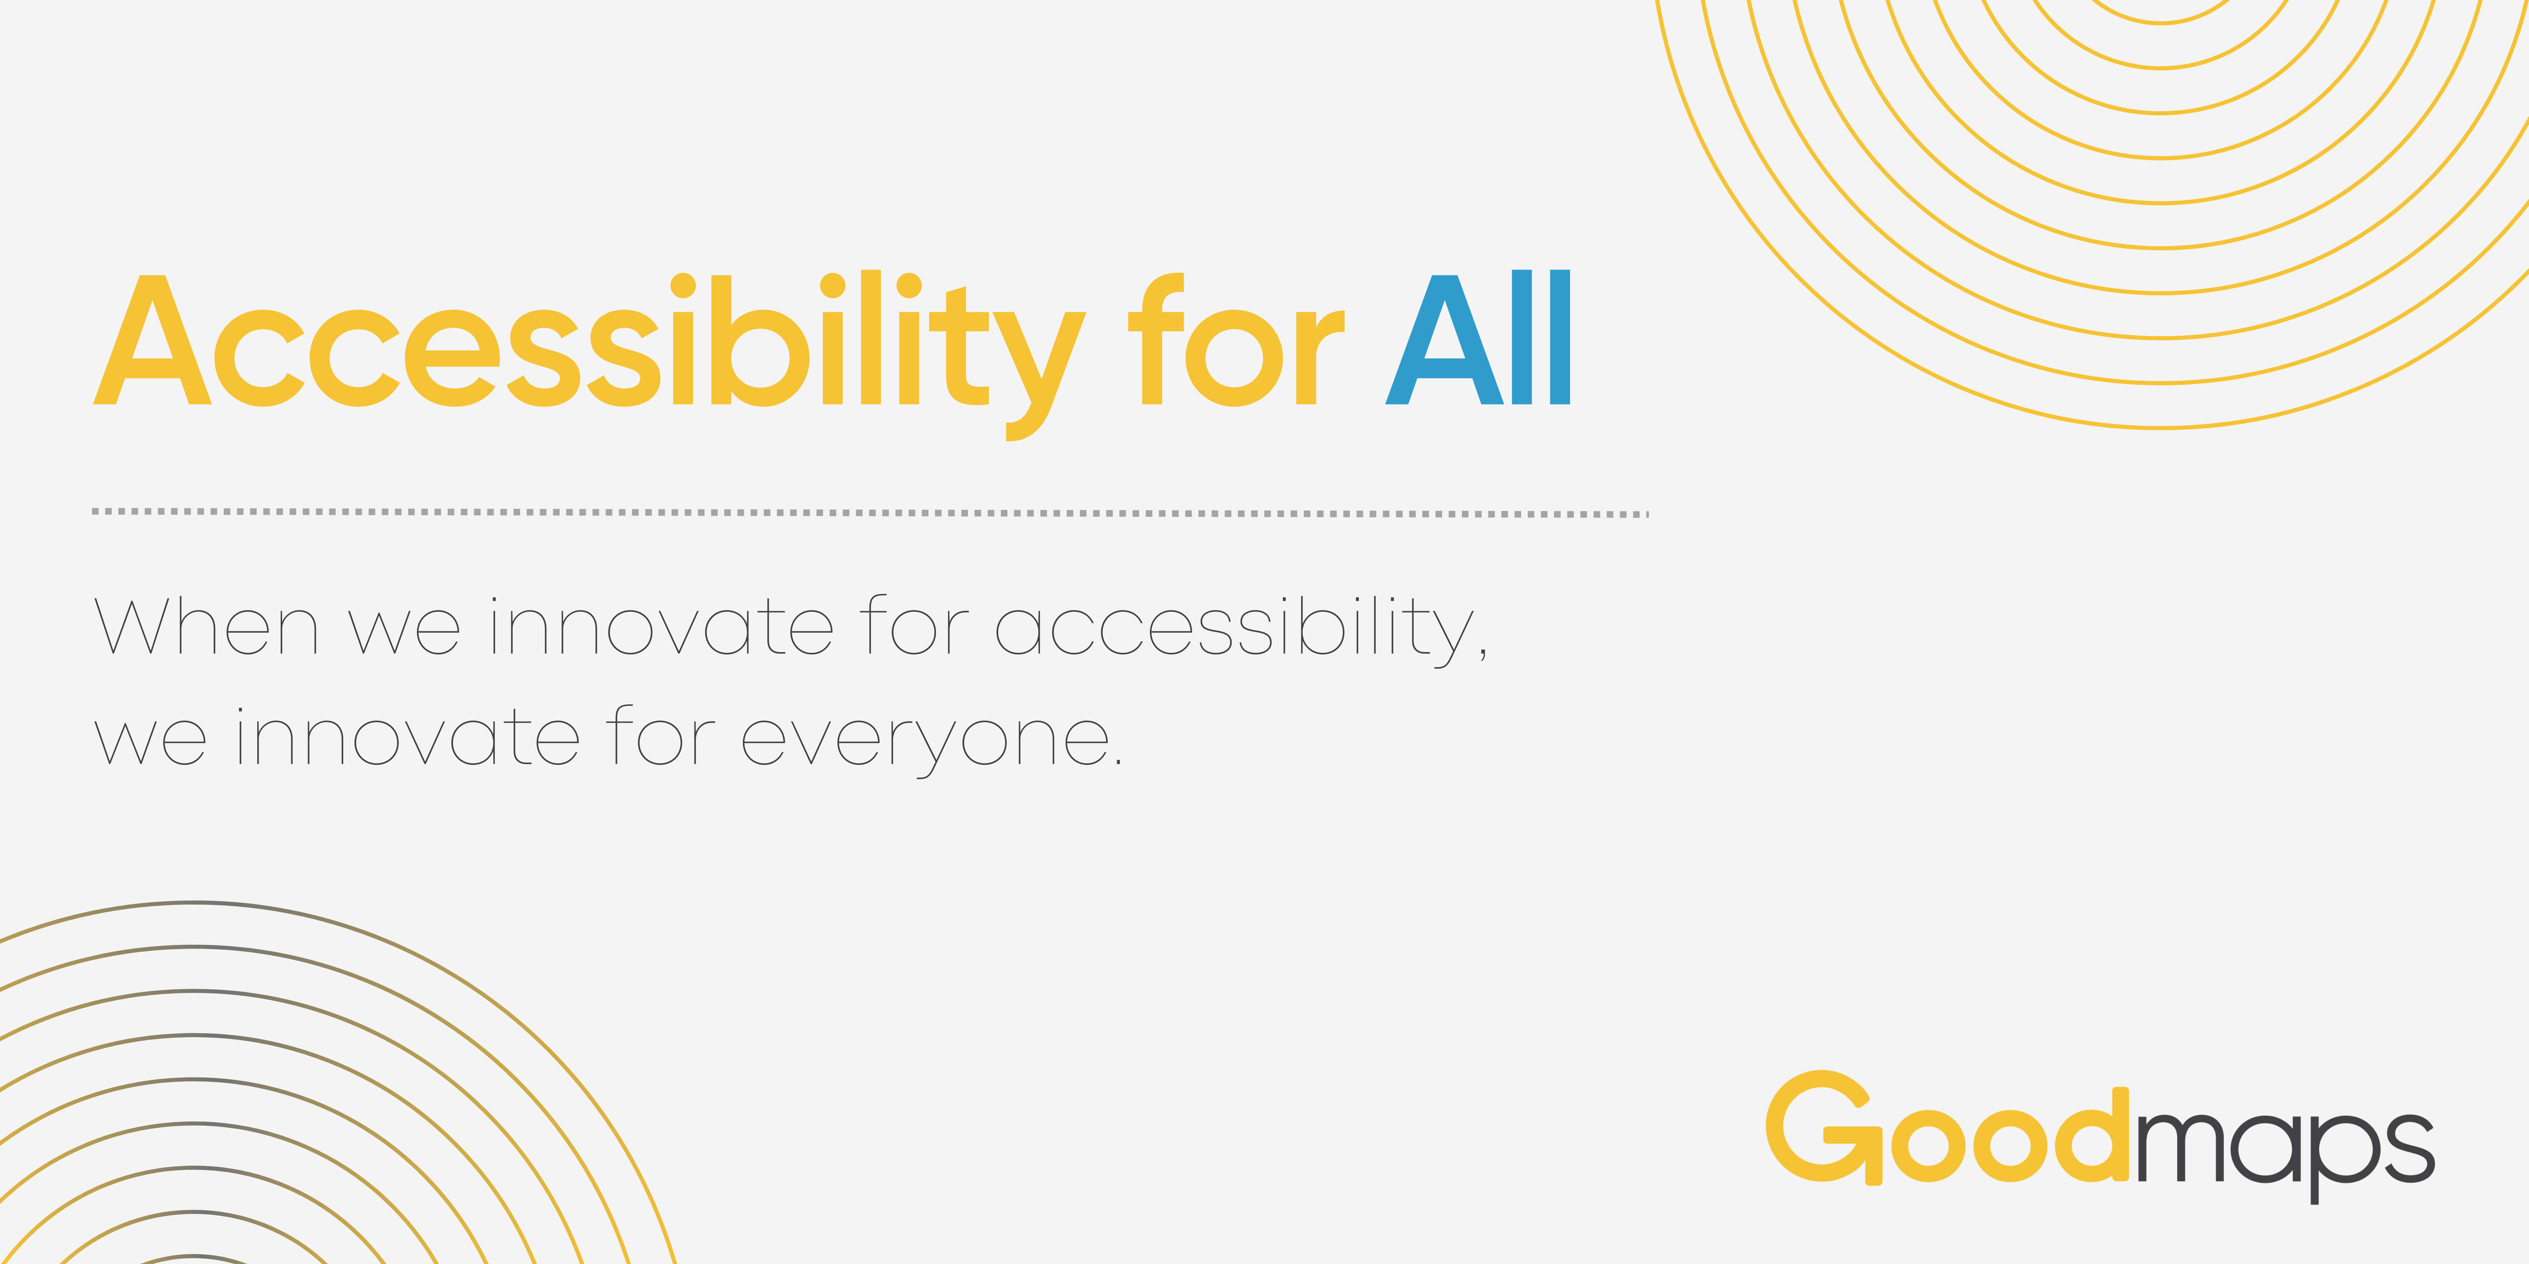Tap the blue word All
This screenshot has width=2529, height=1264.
[1477, 339]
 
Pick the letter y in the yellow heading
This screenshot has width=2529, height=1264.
[1039, 363]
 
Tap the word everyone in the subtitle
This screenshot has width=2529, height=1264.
[923, 741]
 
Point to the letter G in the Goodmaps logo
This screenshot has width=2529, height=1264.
[1821, 1126]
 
